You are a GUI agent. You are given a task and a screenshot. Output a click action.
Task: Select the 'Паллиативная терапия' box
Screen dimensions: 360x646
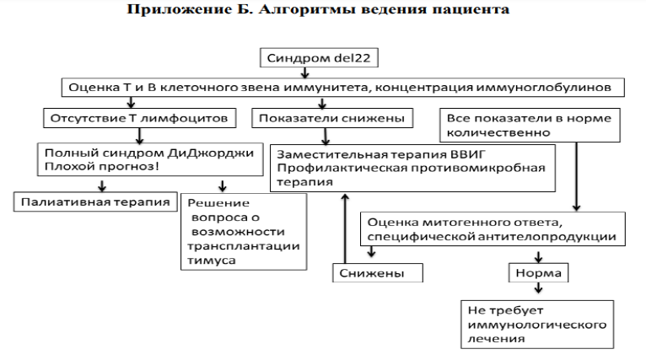pyautogui.click(x=92, y=202)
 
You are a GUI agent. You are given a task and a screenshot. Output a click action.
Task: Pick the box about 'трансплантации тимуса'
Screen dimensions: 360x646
pyautogui.click(x=234, y=232)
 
